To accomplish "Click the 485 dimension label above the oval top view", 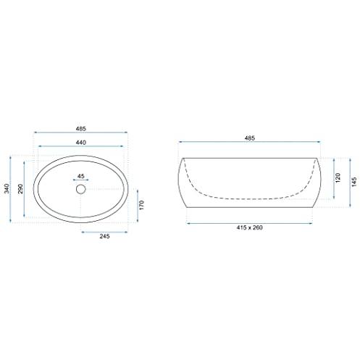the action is coord(81,129).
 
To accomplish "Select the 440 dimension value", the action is coord(81,143).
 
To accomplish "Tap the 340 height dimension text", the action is coord(7,188).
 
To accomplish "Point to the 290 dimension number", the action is coord(20,188).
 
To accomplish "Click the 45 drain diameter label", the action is coord(81,176).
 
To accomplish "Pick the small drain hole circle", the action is coord(81,189).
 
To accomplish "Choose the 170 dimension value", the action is coord(141,205).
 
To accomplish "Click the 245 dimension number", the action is coord(104,236).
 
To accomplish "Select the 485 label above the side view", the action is coord(250,138).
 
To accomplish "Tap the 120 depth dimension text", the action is coord(338,177).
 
